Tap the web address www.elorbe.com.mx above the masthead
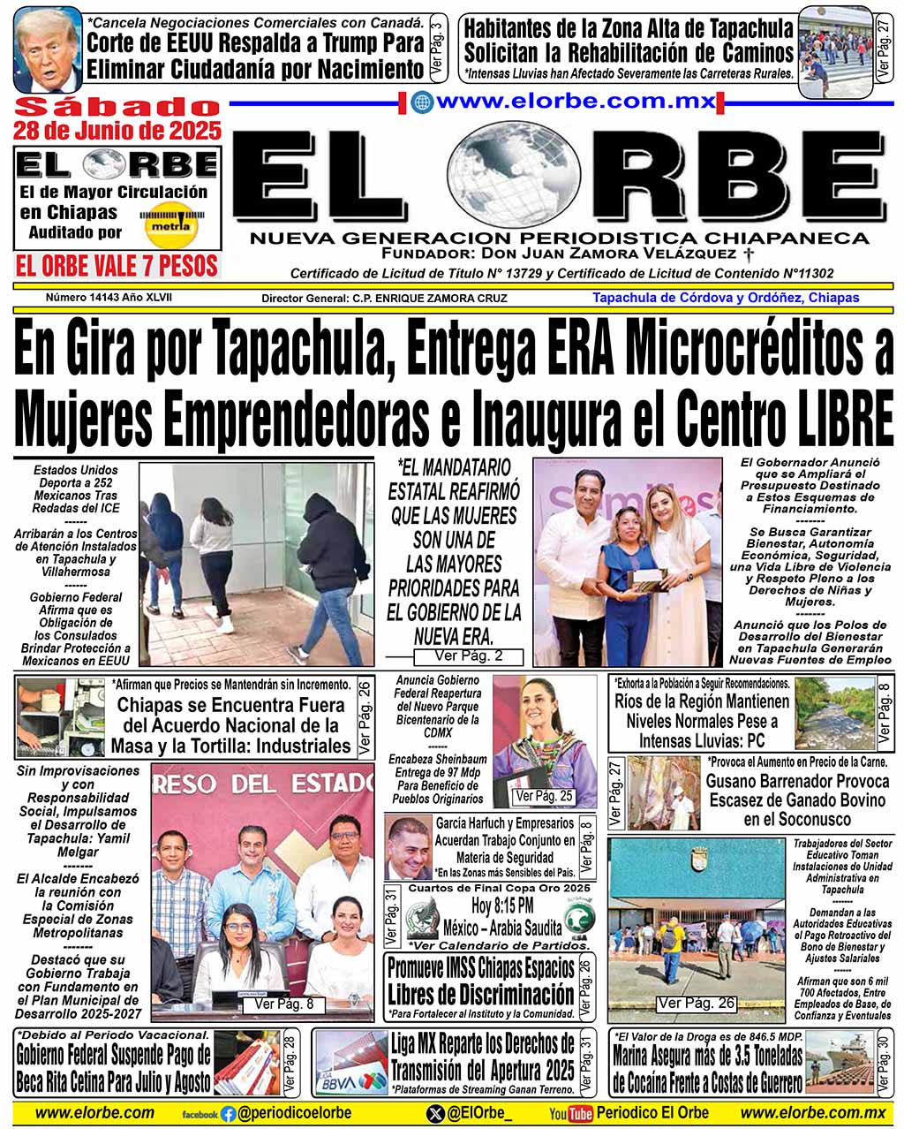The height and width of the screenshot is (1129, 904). coord(575,102)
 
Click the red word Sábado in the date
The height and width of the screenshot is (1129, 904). coord(117,107)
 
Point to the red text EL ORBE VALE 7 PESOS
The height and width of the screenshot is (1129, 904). coord(117,265)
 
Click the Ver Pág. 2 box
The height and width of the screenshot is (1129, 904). coord(469,656)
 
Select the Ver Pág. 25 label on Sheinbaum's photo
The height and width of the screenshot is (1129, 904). coord(543,796)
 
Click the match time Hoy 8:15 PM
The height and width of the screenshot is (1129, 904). coord(501,905)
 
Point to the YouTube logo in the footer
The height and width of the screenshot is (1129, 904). coord(570,1114)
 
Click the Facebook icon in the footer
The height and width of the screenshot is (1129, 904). coord(228,1114)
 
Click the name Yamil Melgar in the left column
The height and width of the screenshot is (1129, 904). coord(78,845)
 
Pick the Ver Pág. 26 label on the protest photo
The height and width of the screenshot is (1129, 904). coord(696,1003)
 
